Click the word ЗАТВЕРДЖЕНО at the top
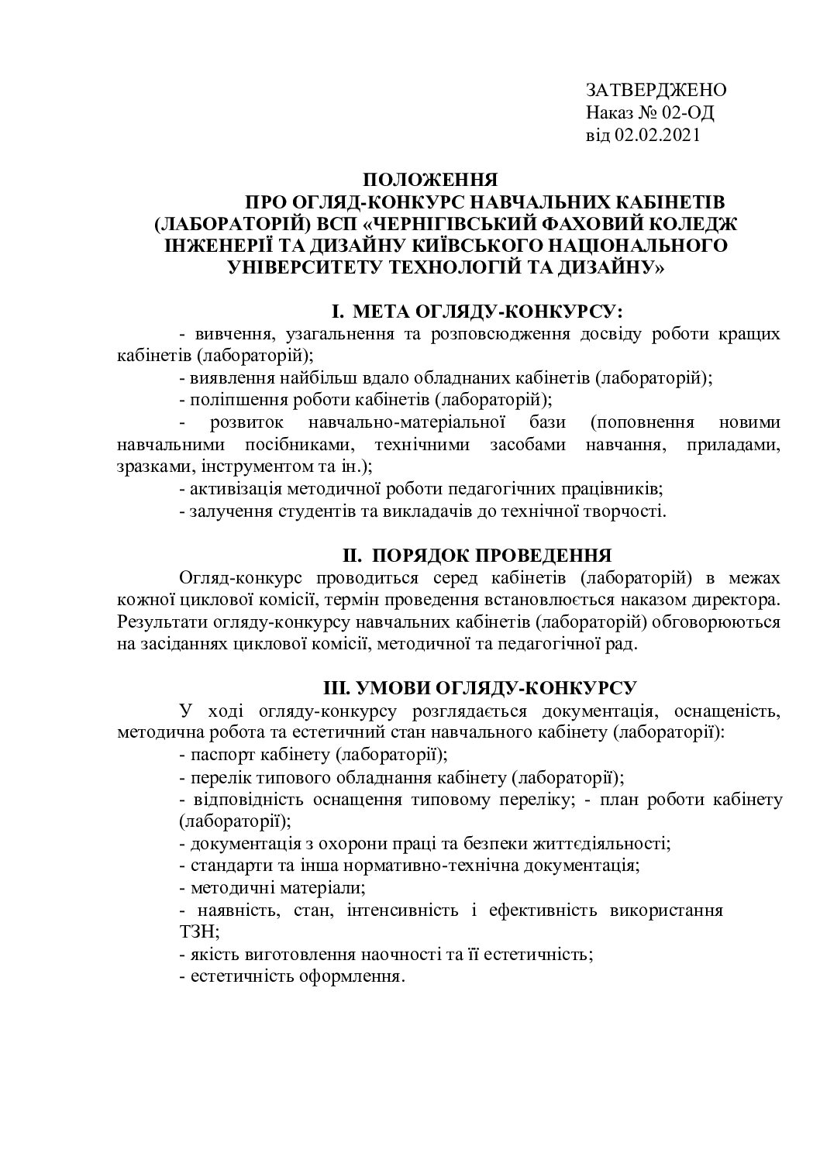(656, 90)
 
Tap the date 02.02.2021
(658, 136)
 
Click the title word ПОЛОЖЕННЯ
(430, 181)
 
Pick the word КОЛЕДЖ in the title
(697, 225)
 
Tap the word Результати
(157, 622)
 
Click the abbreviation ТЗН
(195, 931)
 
